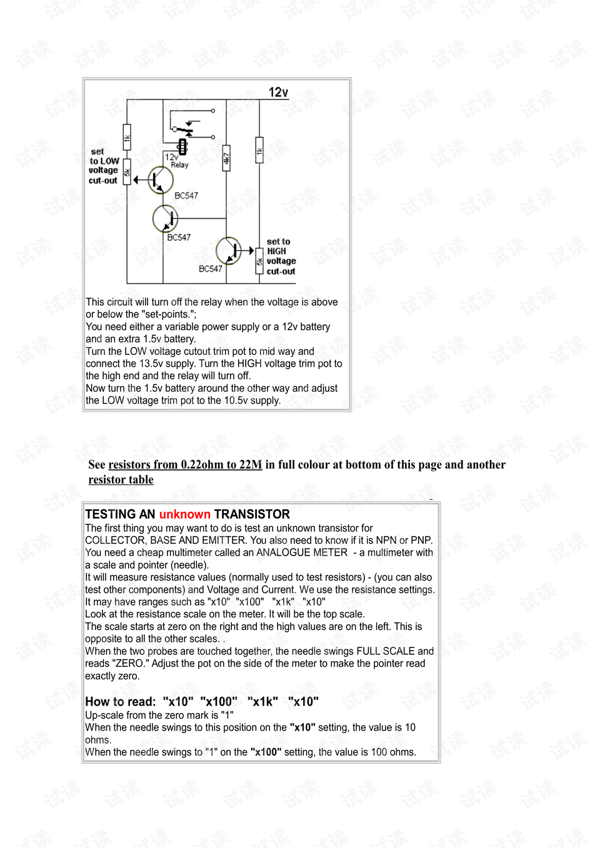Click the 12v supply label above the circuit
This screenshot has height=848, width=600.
(278, 92)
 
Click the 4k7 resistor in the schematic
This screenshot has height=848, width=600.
(226, 158)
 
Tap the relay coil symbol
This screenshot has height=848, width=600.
(182, 147)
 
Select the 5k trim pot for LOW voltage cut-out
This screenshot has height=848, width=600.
(127, 172)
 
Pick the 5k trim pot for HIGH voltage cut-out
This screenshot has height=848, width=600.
(259, 261)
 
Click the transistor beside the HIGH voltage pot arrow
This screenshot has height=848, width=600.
(228, 251)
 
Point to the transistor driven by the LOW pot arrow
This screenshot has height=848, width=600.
(161, 180)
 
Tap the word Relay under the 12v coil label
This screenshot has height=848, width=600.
(179, 165)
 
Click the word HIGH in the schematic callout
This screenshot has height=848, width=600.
(276, 251)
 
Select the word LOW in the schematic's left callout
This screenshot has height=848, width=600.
(110, 161)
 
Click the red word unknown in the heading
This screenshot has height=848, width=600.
(185, 514)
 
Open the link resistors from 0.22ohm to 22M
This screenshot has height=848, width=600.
(185, 464)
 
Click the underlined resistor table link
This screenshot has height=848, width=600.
(121, 480)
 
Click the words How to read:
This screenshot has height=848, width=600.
(121, 702)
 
